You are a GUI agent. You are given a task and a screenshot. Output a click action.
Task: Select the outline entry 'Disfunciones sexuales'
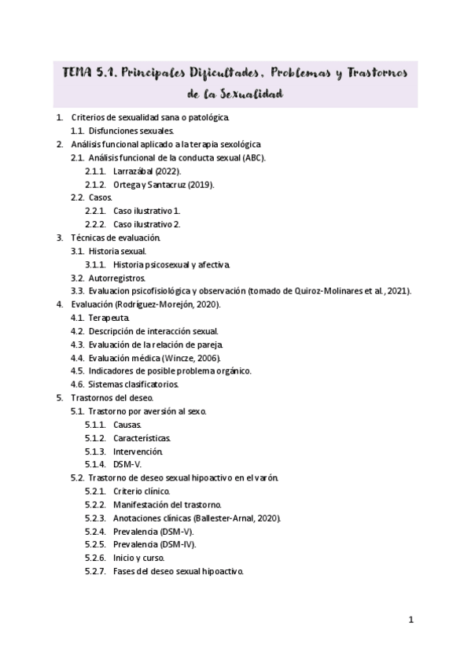[130, 131]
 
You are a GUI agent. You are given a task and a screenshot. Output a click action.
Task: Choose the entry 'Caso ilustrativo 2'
[146, 224]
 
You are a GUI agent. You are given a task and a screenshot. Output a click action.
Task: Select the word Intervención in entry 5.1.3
[138, 451]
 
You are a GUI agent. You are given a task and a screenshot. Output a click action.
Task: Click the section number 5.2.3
[95, 518]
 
